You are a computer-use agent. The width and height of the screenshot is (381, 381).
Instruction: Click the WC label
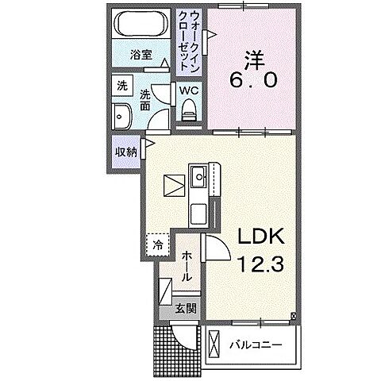tap(189, 91)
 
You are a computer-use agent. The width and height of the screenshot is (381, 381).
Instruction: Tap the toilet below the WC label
tap(189, 113)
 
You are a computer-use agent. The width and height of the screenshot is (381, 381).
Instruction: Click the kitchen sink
tap(198, 175)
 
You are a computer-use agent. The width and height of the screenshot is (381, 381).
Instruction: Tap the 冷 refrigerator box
tap(158, 245)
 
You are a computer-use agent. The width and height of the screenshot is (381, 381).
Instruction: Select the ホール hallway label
tap(185, 267)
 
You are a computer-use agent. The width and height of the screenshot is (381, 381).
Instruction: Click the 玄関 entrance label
tap(185, 308)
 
